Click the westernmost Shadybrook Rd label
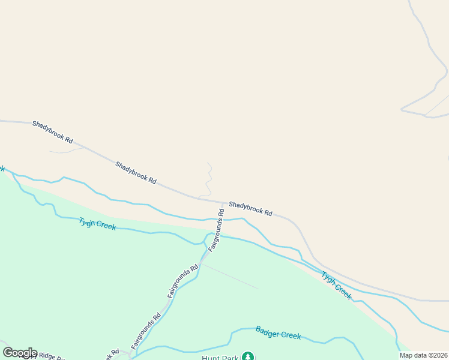click(x=53, y=132)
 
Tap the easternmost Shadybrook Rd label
click(x=250, y=209)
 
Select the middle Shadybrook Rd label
click(x=136, y=172)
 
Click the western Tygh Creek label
click(x=97, y=223)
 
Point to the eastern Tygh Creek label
click(x=336, y=286)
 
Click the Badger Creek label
click(x=278, y=332)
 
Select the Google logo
click(x=20, y=353)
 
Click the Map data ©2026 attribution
click(x=424, y=355)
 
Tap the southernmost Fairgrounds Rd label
click(x=146, y=332)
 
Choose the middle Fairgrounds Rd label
click(x=182, y=282)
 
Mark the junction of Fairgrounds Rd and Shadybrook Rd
click(x=223, y=202)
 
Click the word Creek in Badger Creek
click(x=289, y=335)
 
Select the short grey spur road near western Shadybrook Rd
click(x=66, y=151)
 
